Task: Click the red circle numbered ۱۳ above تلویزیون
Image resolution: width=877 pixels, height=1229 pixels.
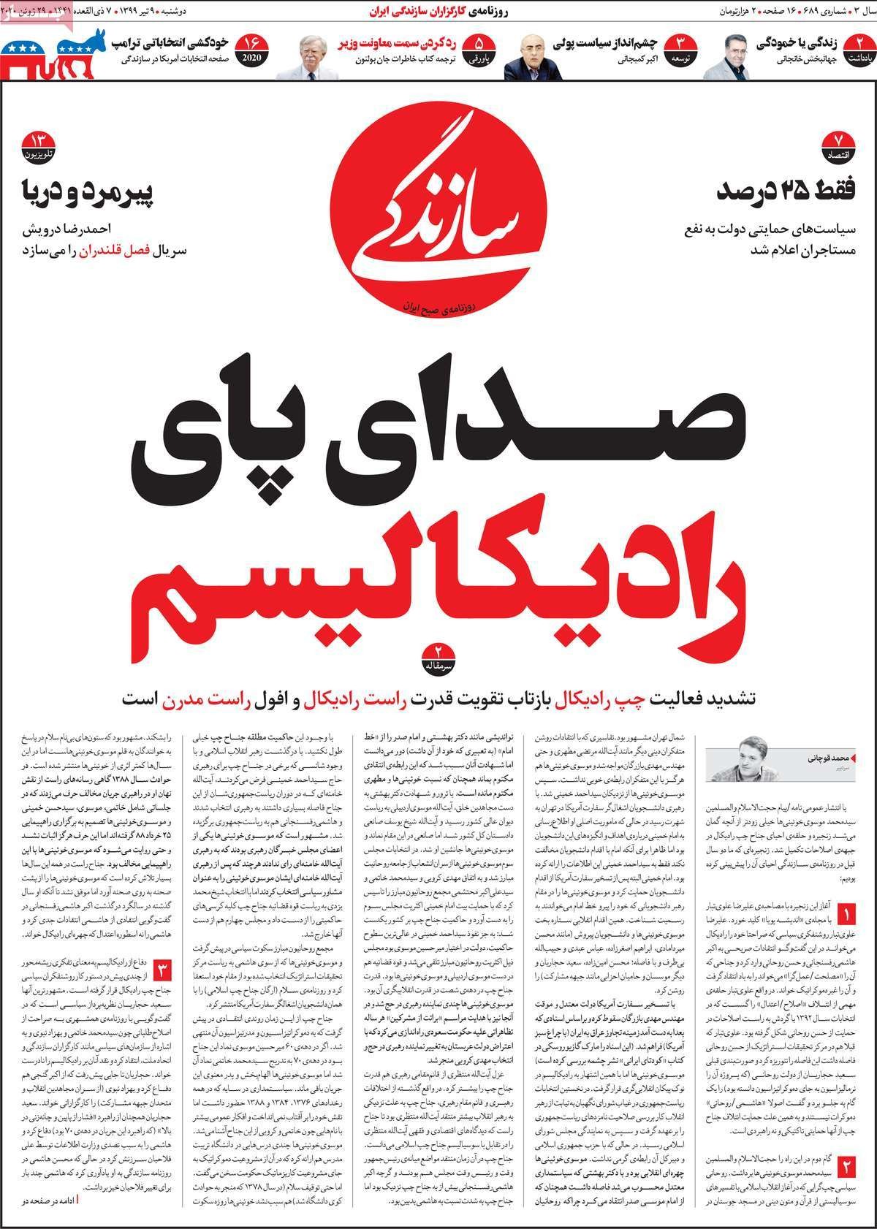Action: [x=38, y=142]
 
